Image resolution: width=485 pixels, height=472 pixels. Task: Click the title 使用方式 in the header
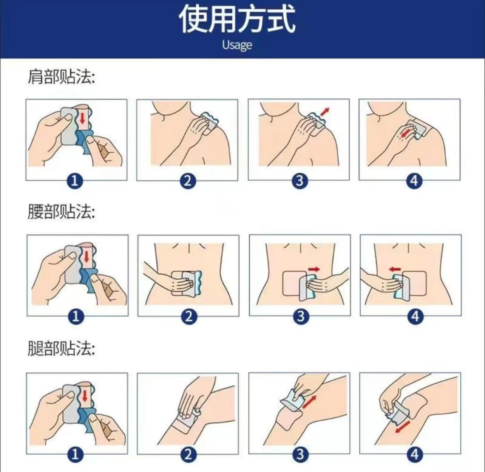click(237, 20)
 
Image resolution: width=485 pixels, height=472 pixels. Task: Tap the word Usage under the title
click(237, 45)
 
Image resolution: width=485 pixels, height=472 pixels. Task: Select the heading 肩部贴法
click(61, 77)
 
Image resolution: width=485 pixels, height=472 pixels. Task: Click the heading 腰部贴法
click(61, 211)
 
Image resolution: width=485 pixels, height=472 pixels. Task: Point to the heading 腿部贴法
click(61, 348)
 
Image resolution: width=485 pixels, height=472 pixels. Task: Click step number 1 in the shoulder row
click(74, 181)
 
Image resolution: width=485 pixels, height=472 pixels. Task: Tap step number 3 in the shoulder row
click(300, 181)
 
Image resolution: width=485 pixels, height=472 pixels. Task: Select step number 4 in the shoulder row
click(414, 181)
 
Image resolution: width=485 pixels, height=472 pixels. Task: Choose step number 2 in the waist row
click(189, 316)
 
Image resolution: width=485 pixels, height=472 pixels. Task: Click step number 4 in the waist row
click(415, 316)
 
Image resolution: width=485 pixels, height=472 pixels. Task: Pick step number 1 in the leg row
click(75, 455)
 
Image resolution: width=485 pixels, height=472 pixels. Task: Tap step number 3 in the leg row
click(300, 455)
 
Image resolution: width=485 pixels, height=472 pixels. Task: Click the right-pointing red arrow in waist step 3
click(314, 269)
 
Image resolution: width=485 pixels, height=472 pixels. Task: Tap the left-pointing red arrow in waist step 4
click(395, 269)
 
